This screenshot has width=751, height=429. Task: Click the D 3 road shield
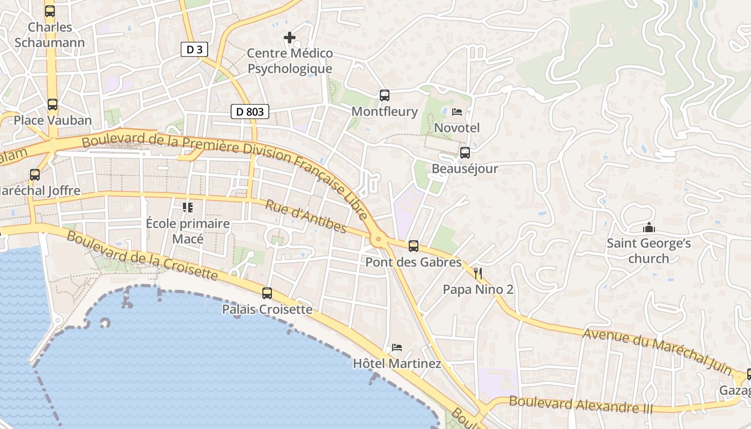tap(194, 50)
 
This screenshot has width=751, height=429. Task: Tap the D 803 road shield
tap(250, 112)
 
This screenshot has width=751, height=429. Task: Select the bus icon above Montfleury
tap(385, 95)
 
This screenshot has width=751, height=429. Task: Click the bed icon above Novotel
tap(457, 112)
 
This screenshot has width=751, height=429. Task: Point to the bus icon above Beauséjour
tap(465, 152)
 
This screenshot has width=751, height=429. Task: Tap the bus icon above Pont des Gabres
tap(413, 246)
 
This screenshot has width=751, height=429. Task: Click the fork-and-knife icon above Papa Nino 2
tap(478, 274)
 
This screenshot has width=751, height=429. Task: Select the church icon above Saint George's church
tap(649, 228)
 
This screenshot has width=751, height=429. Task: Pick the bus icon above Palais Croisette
tap(267, 293)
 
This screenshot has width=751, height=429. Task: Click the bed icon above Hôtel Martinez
tap(397, 347)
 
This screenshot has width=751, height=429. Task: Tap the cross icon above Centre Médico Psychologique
tap(290, 38)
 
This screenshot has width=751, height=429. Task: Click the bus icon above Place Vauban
tap(52, 104)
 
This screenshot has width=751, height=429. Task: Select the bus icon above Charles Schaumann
tap(49, 11)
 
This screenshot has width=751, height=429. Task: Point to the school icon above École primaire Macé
tap(188, 207)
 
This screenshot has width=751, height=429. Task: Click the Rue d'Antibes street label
tap(306, 217)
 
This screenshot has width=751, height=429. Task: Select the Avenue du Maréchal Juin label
tap(657, 351)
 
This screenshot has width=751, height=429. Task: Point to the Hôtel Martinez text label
tap(397, 364)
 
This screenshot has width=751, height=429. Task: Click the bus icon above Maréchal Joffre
tap(35, 174)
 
